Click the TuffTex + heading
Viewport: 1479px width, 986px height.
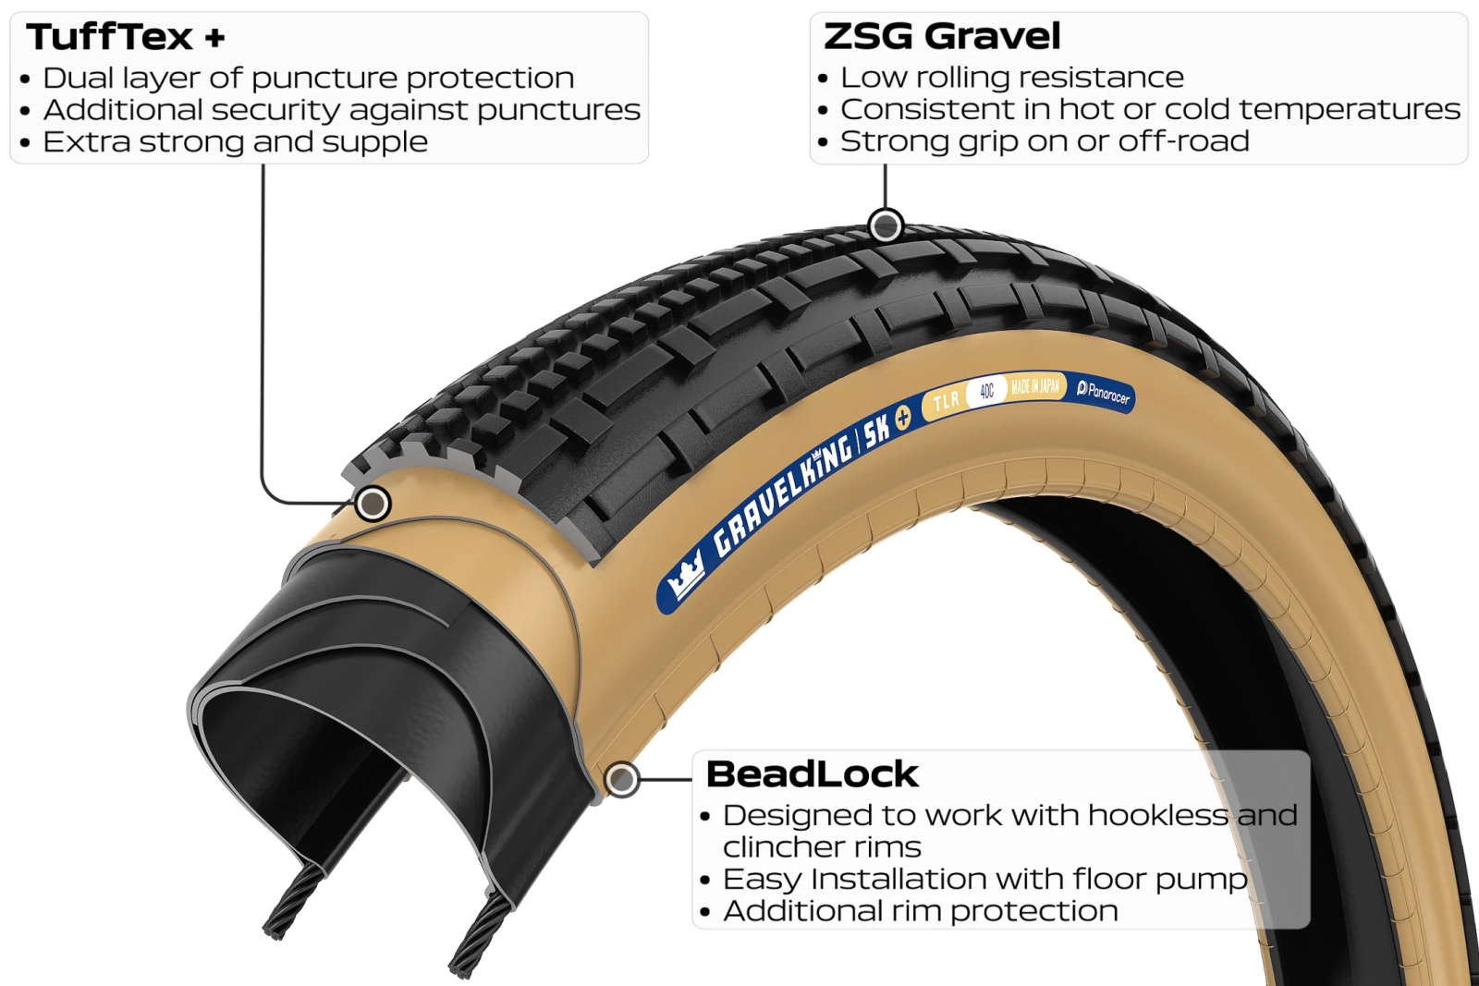pyautogui.click(x=126, y=37)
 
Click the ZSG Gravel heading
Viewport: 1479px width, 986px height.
pyautogui.click(x=942, y=36)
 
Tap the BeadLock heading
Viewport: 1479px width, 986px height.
pyautogui.click(x=813, y=773)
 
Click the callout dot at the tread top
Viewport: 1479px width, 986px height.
pyautogui.click(x=886, y=226)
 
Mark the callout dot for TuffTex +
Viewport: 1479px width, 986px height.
pyautogui.click(x=373, y=505)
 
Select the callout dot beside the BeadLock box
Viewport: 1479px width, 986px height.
pyautogui.click(x=621, y=779)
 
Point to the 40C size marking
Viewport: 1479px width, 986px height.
pyautogui.click(x=986, y=392)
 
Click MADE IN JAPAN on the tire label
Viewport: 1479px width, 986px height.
pyautogui.click(x=1035, y=387)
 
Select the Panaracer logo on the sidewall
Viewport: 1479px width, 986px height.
pyautogui.click(x=1103, y=394)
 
